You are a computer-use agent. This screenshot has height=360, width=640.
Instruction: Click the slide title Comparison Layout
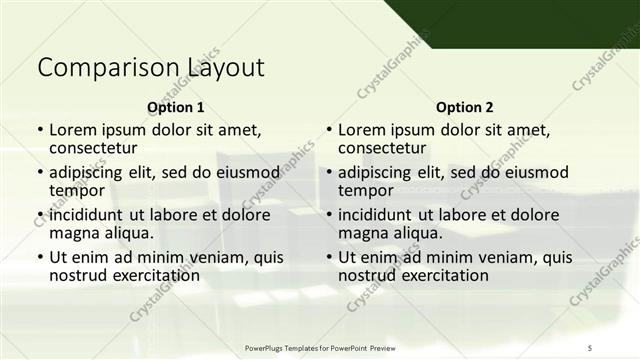pyautogui.click(x=151, y=68)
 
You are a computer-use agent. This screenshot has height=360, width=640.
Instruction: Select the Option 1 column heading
pyautogui.click(x=175, y=107)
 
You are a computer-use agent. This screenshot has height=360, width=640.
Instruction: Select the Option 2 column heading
pyautogui.click(x=464, y=107)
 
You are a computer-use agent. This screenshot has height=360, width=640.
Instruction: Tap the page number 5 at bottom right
pyautogui.click(x=590, y=346)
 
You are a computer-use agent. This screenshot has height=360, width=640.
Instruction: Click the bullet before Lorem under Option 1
pyautogui.click(x=40, y=130)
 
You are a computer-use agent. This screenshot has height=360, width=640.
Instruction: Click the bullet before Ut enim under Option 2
pyautogui.click(x=329, y=257)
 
